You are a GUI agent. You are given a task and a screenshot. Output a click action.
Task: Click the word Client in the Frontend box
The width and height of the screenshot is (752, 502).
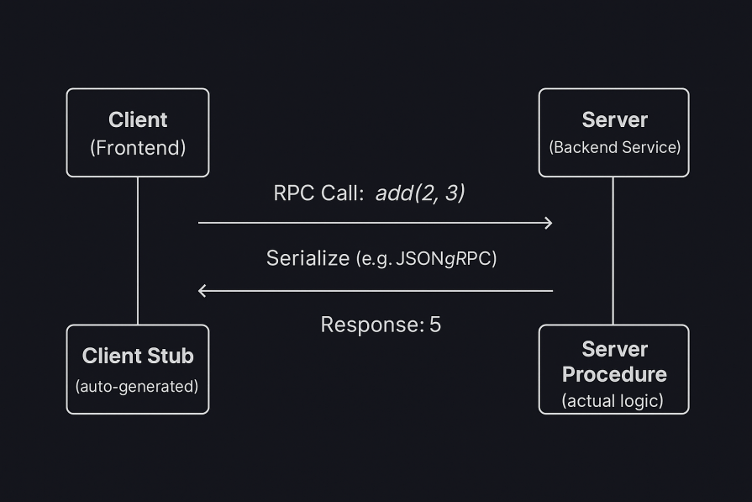tap(138, 119)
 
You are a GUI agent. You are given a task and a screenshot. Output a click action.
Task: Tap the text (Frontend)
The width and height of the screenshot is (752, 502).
tap(138, 148)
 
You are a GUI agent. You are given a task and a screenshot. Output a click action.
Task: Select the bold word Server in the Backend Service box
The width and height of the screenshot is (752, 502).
tap(614, 119)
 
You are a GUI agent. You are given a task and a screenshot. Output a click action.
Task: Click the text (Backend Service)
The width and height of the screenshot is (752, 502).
tap(614, 147)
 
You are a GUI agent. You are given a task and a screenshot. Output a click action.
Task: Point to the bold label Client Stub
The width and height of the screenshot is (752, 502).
tap(138, 356)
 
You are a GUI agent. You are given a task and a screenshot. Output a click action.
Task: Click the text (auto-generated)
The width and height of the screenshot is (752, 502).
tap(137, 387)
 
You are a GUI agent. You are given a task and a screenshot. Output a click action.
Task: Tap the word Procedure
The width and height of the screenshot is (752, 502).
tap(614, 374)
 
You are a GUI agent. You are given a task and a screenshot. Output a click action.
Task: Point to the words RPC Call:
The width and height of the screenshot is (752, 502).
tap(318, 193)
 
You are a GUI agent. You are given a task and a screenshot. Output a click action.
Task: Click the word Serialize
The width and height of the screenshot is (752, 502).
tap(308, 258)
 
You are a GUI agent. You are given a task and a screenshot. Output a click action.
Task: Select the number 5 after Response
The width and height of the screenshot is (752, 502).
tap(435, 325)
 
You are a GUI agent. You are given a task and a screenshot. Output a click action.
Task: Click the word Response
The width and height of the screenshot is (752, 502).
tap(369, 325)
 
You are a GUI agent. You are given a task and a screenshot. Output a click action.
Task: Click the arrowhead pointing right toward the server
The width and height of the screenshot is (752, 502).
tap(549, 223)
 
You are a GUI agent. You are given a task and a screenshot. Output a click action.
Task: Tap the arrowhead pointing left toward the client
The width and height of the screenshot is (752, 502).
tap(202, 291)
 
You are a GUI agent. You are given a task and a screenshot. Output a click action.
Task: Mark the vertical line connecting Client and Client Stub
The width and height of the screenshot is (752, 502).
tap(138, 251)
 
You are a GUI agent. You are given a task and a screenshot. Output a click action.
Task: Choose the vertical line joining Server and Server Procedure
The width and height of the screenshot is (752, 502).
tap(613, 251)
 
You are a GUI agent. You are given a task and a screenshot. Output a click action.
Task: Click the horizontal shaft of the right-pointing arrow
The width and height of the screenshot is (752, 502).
tap(374, 223)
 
